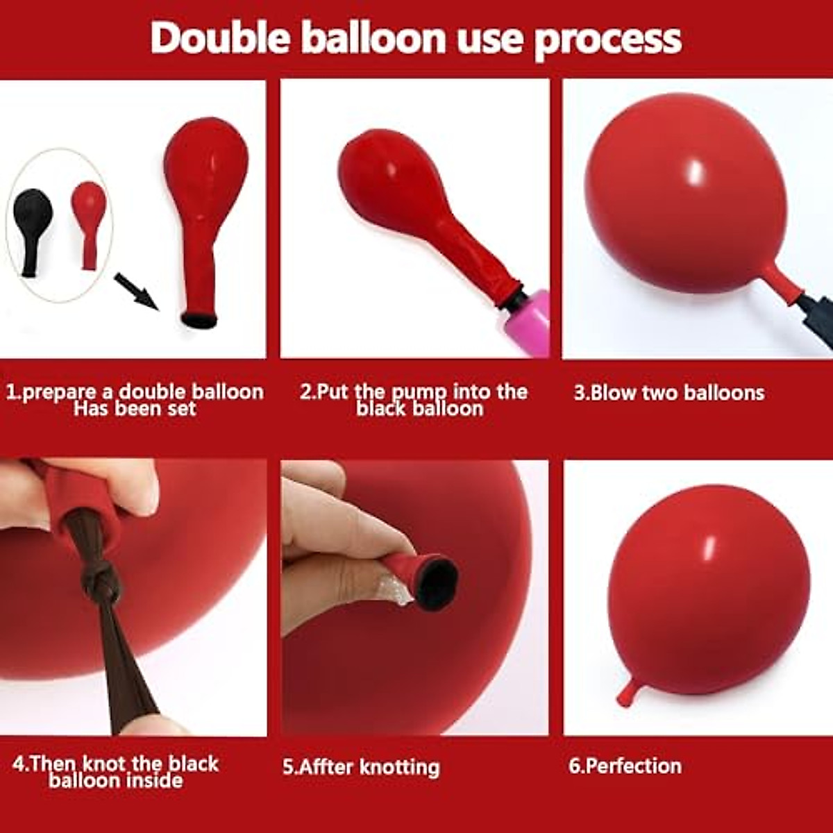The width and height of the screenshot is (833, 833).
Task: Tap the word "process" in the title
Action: pos(607,40)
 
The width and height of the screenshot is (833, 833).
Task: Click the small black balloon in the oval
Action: pos(32,229)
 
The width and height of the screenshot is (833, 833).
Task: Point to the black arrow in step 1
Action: pos(136,291)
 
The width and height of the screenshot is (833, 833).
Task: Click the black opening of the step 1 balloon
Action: pos(199,320)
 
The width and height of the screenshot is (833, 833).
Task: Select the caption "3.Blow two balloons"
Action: pos(668,393)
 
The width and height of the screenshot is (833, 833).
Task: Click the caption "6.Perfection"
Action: pos(625,766)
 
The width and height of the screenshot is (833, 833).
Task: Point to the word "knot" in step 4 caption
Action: pos(106,764)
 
